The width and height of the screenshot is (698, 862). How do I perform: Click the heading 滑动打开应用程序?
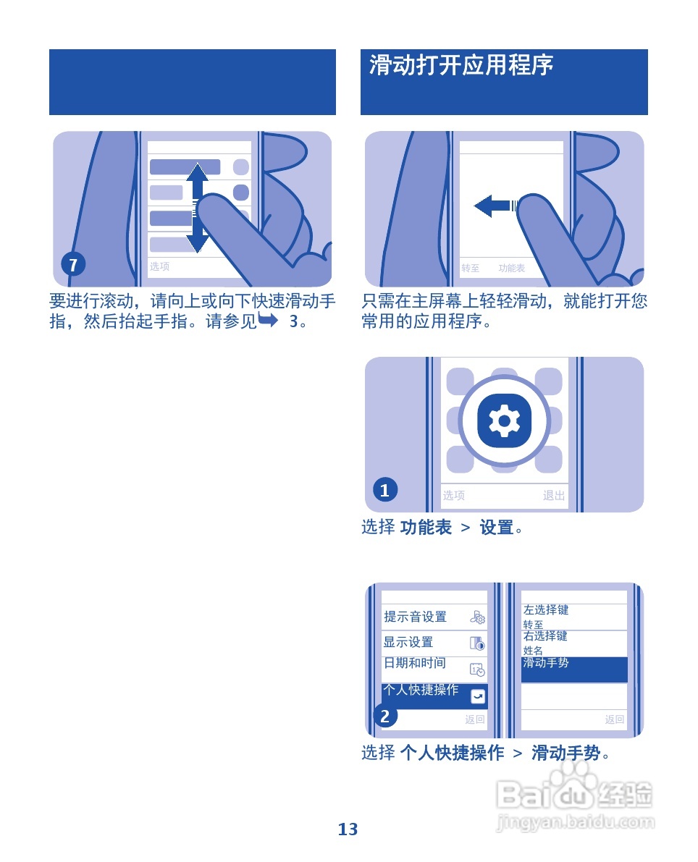click(x=461, y=66)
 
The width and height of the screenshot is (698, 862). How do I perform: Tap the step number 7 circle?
click(x=72, y=265)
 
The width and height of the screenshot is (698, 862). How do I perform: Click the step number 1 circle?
click(x=384, y=490)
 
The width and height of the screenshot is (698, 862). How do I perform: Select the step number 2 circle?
click(x=384, y=716)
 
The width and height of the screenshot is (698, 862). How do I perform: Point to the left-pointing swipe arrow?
click(x=492, y=206)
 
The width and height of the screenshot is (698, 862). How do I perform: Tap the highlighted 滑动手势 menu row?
click(x=573, y=669)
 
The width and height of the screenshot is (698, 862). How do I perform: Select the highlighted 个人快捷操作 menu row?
click(x=434, y=695)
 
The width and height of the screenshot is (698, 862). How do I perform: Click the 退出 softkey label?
click(x=554, y=496)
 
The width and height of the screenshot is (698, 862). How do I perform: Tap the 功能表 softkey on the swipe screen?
click(x=511, y=269)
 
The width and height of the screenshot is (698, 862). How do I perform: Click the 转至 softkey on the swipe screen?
click(x=471, y=269)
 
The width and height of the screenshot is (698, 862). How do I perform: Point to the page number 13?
click(x=348, y=829)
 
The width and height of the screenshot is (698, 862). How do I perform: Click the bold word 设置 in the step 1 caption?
click(x=497, y=528)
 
